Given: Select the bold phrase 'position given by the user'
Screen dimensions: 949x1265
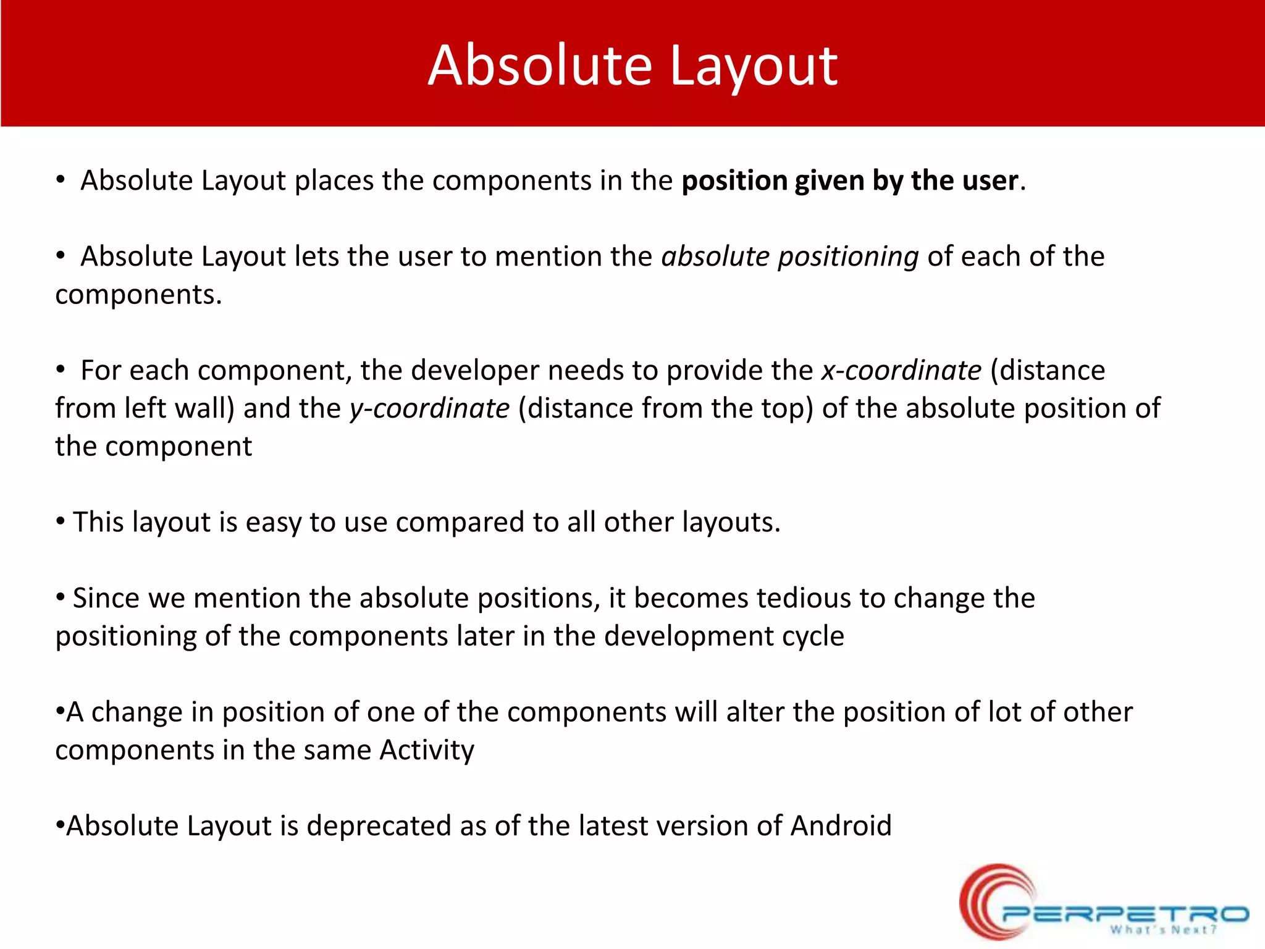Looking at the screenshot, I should pos(850,181).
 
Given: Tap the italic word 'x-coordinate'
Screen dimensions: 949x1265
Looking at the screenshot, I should pos(901,371).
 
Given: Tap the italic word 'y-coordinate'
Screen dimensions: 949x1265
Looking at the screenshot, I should pos(430,409).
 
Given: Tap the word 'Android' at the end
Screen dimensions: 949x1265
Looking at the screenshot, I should pos(841,826).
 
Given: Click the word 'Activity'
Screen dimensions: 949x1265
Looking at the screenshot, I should pos(427,750).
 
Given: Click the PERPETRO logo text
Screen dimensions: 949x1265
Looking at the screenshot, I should pos(1124,913).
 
